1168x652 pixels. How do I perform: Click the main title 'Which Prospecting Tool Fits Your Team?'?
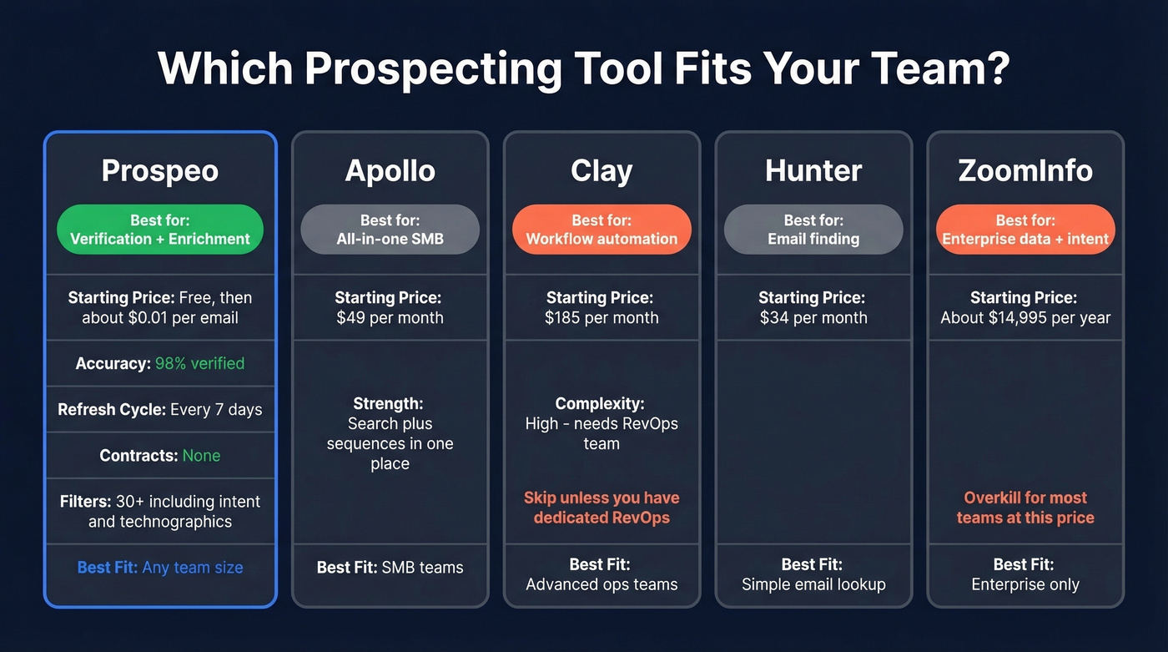(x=583, y=68)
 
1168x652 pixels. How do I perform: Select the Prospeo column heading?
(x=160, y=171)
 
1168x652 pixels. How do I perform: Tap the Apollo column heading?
(x=390, y=171)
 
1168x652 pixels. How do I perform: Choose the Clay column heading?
(x=602, y=171)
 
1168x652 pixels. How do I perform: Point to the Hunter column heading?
(x=813, y=171)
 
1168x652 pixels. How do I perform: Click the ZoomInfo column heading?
(x=1025, y=171)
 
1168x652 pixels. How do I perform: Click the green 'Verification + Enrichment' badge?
(x=160, y=230)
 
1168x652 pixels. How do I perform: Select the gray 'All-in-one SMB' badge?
(x=390, y=230)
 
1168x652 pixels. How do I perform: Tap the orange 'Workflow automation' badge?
(x=602, y=230)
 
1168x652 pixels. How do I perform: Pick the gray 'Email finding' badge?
(x=813, y=230)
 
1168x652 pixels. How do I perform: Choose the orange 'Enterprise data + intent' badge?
(x=1025, y=230)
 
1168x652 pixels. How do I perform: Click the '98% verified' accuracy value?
(x=200, y=363)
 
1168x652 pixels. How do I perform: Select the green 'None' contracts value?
(x=201, y=456)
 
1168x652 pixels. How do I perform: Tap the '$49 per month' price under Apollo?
(x=390, y=318)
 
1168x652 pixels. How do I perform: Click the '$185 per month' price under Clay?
(x=602, y=318)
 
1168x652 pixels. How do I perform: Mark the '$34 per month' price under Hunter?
(x=813, y=318)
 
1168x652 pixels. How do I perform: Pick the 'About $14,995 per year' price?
(x=1025, y=318)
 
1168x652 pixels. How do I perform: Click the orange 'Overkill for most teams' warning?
(x=1025, y=508)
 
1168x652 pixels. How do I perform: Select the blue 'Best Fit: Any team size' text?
(x=160, y=568)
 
